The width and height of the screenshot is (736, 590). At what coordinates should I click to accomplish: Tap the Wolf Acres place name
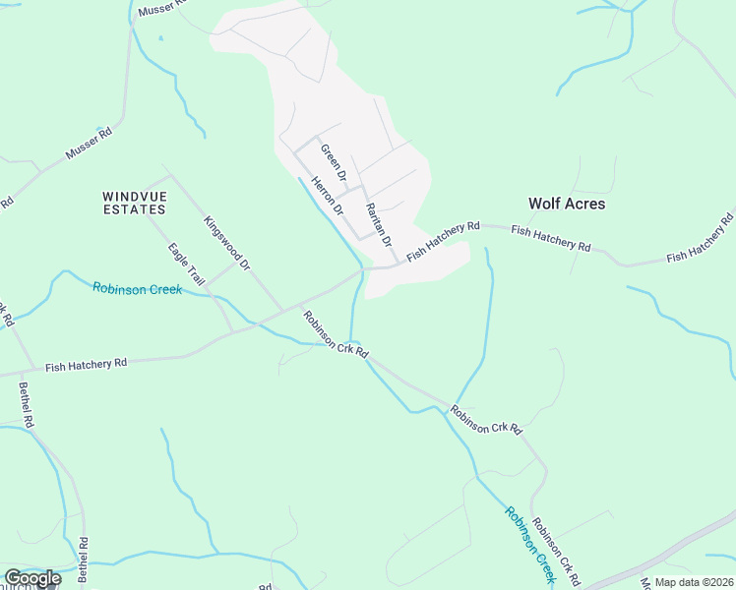pos(567,204)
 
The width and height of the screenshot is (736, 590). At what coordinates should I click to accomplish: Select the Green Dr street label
pos(336,163)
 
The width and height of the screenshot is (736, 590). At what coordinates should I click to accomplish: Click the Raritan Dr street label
pos(379,224)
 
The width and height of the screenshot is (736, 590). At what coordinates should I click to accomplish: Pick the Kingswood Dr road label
pos(228,244)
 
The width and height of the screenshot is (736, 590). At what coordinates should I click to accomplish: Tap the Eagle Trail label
pos(186,265)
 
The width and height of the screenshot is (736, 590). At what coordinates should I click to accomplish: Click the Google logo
pos(32,578)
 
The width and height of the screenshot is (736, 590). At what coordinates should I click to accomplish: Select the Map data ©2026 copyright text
pos(694,582)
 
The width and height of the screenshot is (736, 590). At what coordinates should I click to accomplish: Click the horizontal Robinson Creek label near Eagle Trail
pos(137,289)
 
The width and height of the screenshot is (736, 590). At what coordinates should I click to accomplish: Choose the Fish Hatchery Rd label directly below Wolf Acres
pos(550,237)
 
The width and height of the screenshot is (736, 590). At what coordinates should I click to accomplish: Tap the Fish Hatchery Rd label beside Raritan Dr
pos(443,240)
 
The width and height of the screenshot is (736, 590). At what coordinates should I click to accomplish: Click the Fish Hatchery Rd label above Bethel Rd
pos(87,364)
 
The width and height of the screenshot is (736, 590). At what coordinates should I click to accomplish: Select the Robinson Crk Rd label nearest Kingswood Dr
pos(337,335)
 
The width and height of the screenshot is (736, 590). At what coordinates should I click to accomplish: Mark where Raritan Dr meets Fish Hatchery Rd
pos(397,264)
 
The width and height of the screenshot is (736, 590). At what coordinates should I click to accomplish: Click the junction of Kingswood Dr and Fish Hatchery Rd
pos(284,307)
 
